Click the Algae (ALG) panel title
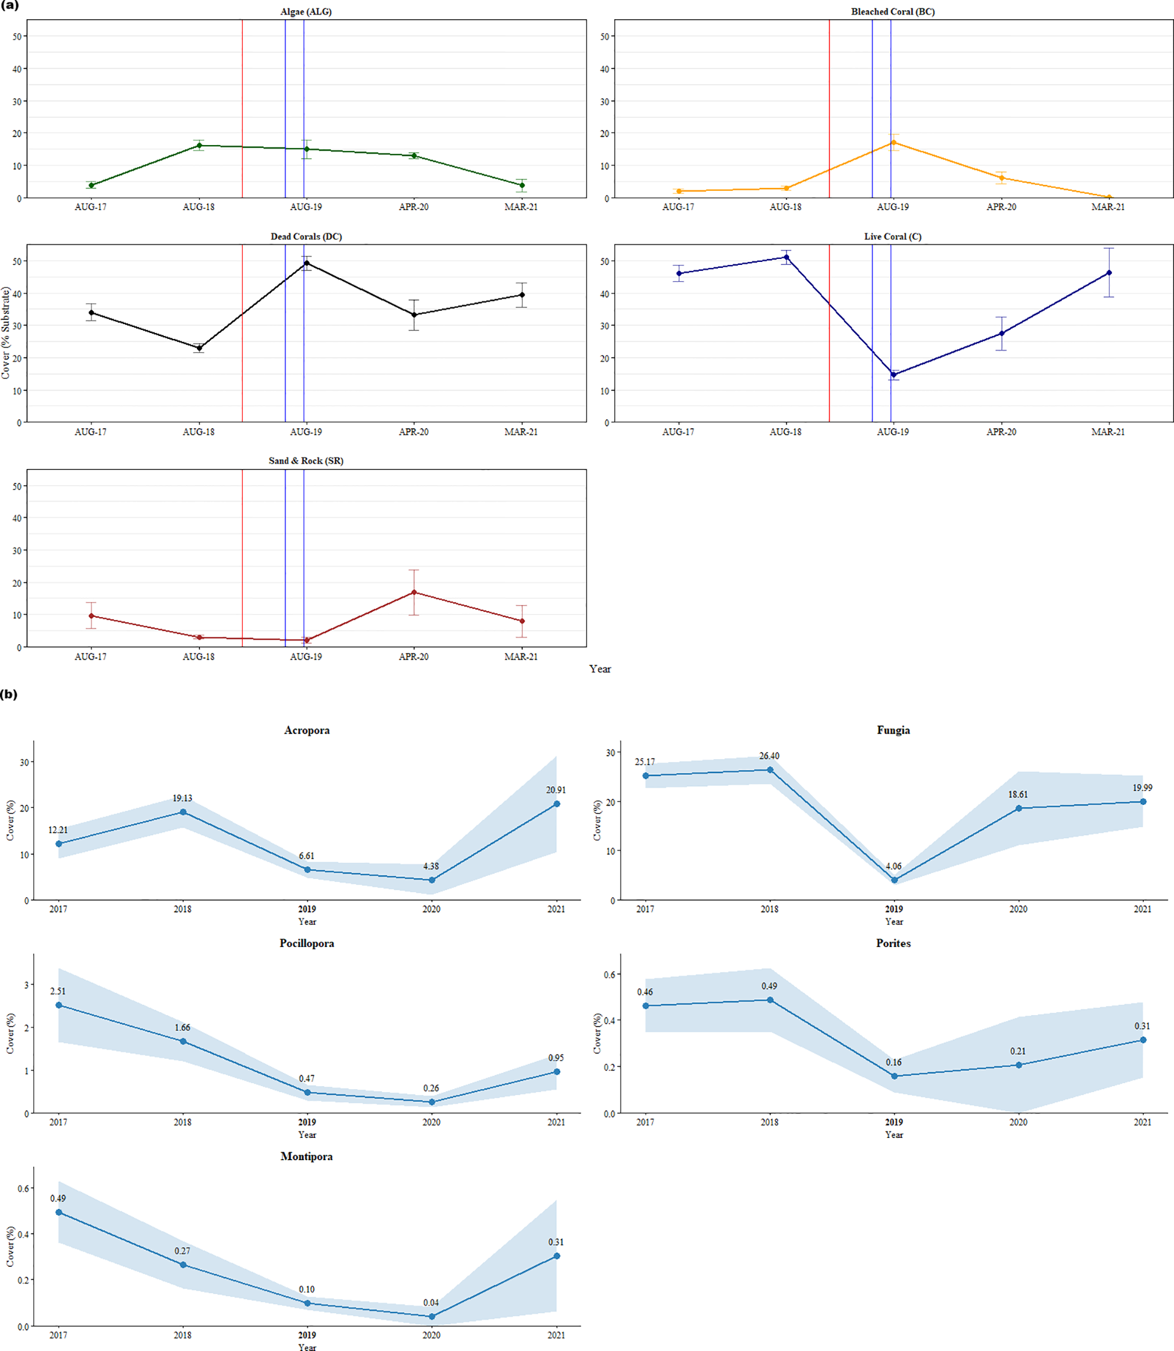coord(306,12)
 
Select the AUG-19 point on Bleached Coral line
coord(894,143)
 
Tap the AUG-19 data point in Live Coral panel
coord(894,374)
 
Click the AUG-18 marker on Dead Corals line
coord(199,348)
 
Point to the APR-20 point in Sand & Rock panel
coord(413,592)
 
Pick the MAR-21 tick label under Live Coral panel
coord(1108,432)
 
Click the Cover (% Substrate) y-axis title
coord(6,333)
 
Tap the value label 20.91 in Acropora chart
coord(555,790)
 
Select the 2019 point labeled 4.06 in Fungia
coord(895,880)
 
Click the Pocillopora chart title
coord(307,943)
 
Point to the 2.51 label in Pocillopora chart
coord(58,991)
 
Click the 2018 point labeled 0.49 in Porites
coord(770,1000)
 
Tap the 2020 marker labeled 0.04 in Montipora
coord(431,1316)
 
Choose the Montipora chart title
coord(307,1156)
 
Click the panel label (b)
coord(9,694)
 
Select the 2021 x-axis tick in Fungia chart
coord(1143,909)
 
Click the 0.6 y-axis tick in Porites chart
coord(609,975)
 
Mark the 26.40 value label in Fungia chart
coord(769,756)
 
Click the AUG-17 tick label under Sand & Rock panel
coord(90,656)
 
